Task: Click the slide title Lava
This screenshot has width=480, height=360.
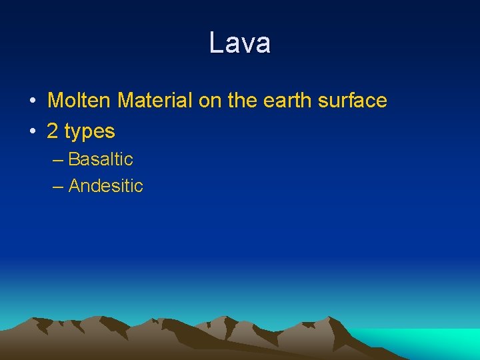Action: point(239,43)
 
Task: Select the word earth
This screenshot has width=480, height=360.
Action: point(283,101)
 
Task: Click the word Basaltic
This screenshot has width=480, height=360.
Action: point(101,159)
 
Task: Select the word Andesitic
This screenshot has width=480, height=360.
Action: point(106,186)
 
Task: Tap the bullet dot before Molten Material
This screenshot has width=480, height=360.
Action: point(32,101)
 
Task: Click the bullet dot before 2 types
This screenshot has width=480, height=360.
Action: point(32,132)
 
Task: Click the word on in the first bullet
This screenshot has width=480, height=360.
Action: point(209,101)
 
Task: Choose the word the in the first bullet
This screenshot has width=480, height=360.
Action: point(241,101)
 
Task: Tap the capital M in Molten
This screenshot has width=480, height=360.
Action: point(55,101)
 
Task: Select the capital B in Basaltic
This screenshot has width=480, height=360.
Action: point(74,159)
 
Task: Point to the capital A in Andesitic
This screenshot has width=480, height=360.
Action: point(74,186)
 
